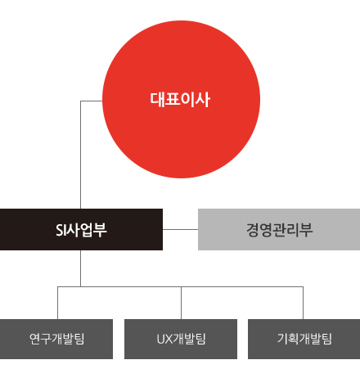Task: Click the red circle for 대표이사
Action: [x=181, y=99]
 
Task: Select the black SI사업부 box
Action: [x=81, y=229]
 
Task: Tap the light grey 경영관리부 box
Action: [x=279, y=229]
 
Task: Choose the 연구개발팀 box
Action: [x=56, y=339]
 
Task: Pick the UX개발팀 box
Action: [x=181, y=339]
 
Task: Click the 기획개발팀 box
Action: [x=304, y=339]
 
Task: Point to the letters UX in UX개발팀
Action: [x=164, y=339]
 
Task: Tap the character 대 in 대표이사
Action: [x=157, y=99]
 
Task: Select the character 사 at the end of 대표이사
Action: [x=203, y=99]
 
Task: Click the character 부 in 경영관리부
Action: [x=306, y=230]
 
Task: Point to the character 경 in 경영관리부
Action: [x=253, y=230]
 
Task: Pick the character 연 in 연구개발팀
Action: [x=35, y=339]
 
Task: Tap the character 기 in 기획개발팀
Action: [x=283, y=339]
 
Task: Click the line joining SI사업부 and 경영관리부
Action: [x=180, y=229]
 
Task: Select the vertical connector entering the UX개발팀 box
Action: [x=181, y=303]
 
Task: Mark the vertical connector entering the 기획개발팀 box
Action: [x=303, y=303]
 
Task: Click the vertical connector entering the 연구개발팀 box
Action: [x=57, y=303]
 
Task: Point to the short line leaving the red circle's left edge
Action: [x=92, y=101]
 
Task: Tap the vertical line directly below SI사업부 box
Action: [x=80, y=268]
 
